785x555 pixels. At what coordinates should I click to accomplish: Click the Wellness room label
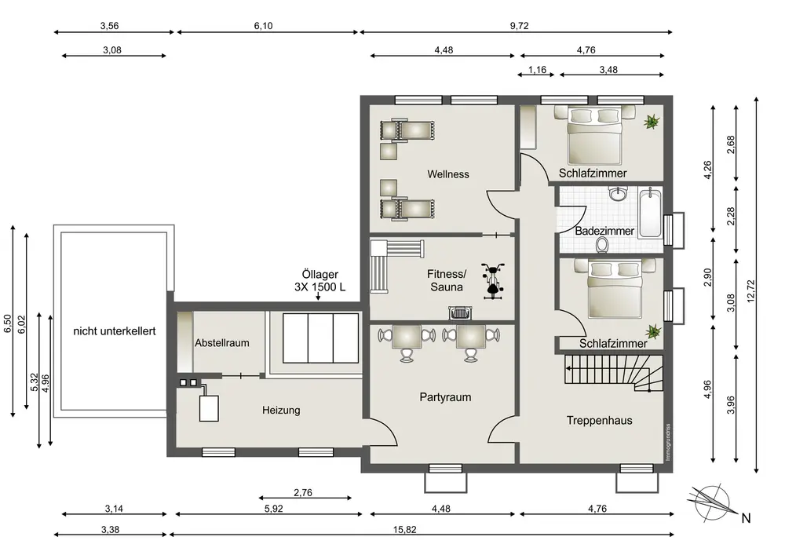coord(448,174)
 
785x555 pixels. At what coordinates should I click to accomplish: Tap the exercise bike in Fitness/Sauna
coord(493,281)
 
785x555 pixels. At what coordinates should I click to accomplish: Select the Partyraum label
coord(445,397)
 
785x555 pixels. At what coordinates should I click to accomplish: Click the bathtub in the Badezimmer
coord(650,212)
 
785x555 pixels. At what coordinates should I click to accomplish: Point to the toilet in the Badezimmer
coord(602,244)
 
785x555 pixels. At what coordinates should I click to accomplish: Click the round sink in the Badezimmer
coord(619,193)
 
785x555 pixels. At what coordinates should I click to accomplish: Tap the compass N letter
coord(746,518)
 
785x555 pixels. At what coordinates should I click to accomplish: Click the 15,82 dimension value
coord(404,529)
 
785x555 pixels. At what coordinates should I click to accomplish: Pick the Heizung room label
coord(281,411)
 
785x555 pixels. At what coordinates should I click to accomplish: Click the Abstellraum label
coord(222,343)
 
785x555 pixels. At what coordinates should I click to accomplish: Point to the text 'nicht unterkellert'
coord(114,331)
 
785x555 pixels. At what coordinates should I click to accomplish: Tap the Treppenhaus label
coord(599,421)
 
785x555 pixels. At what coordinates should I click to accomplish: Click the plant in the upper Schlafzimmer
coord(652,122)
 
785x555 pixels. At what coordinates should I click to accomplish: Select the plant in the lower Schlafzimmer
coord(653,331)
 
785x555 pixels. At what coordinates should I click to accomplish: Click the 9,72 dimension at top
coord(519,26)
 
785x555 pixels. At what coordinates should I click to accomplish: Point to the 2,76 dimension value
coord(303,492)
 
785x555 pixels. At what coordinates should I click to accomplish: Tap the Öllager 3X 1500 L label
coord(319,281)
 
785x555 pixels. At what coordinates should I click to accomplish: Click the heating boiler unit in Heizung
coord(209,408)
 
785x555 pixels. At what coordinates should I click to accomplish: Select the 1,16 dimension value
coord(537,70)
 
